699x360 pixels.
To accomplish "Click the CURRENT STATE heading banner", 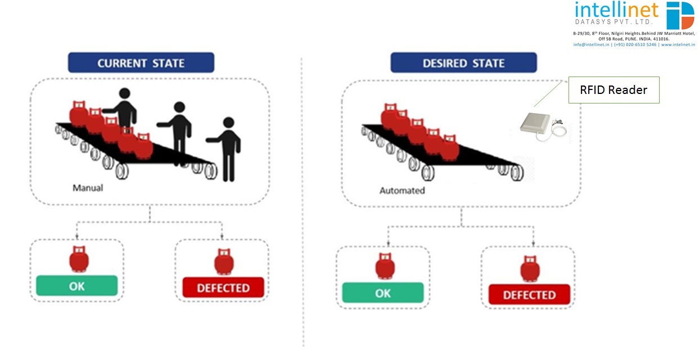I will (x=141, y=62).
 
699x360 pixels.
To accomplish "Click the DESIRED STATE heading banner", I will (x=463, y=62).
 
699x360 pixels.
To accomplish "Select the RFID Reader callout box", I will (x=614, y=90).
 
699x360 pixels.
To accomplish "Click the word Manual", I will (x=88, y=188).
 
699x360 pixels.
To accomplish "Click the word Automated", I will (x=402, y=191).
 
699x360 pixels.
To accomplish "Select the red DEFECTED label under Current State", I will (x=223, y=287).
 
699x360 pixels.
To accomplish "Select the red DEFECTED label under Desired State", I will (x=529, y=295).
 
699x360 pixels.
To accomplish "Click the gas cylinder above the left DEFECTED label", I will (x=224, y=262).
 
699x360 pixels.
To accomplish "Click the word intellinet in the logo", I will (x=616, y=10).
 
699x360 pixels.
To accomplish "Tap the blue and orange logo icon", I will (x=680, y=15).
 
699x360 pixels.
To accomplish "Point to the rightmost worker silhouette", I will (x=227, y=149).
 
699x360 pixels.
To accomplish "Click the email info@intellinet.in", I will (x=591, y=44).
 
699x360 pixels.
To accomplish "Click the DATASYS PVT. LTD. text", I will (x=612, y=22).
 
